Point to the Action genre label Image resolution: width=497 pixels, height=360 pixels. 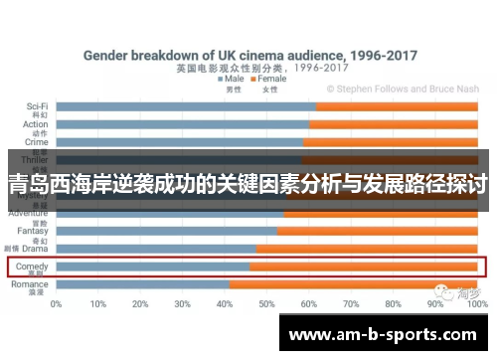[35, 124]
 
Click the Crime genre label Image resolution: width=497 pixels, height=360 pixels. [36, 142]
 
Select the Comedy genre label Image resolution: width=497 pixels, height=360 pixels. [32, 267]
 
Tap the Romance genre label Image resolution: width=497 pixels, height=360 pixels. [31, 284]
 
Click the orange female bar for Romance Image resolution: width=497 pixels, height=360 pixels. [358, 284]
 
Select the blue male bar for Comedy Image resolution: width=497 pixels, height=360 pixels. [153, 267]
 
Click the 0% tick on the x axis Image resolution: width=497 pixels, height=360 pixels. [57, 303]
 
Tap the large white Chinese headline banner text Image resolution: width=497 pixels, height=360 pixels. [248, 184]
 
